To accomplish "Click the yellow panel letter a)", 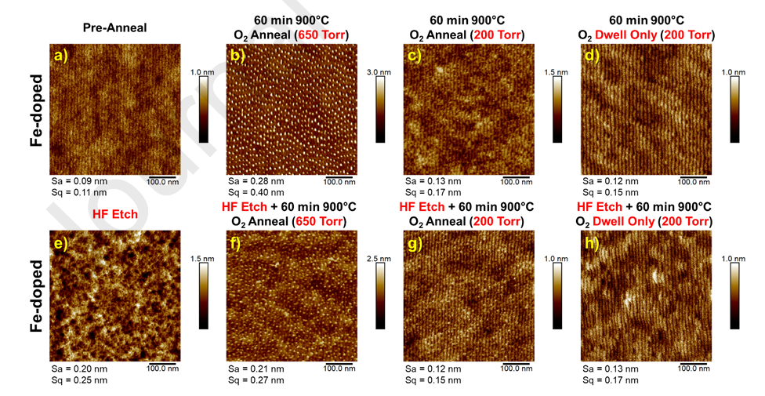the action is pos(61,56).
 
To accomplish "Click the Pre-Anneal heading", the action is pos(114,27).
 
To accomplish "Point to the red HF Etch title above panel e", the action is pos(115,214).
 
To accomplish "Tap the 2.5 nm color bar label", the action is pos(379,258).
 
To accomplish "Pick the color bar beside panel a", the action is pos(203,109).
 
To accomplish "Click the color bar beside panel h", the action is pos(734,296).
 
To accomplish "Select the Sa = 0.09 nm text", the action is pos(79,182).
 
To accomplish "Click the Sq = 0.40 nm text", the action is pos(256,192).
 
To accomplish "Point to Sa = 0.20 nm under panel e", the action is pos(79,369).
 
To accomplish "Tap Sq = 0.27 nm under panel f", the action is pos(256,380).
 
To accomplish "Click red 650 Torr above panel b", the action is pos(321,35).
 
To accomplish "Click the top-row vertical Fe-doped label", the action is pos(37,111).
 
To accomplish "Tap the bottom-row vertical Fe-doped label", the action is pos(37,296).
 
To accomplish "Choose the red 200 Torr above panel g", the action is pos(498,222).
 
